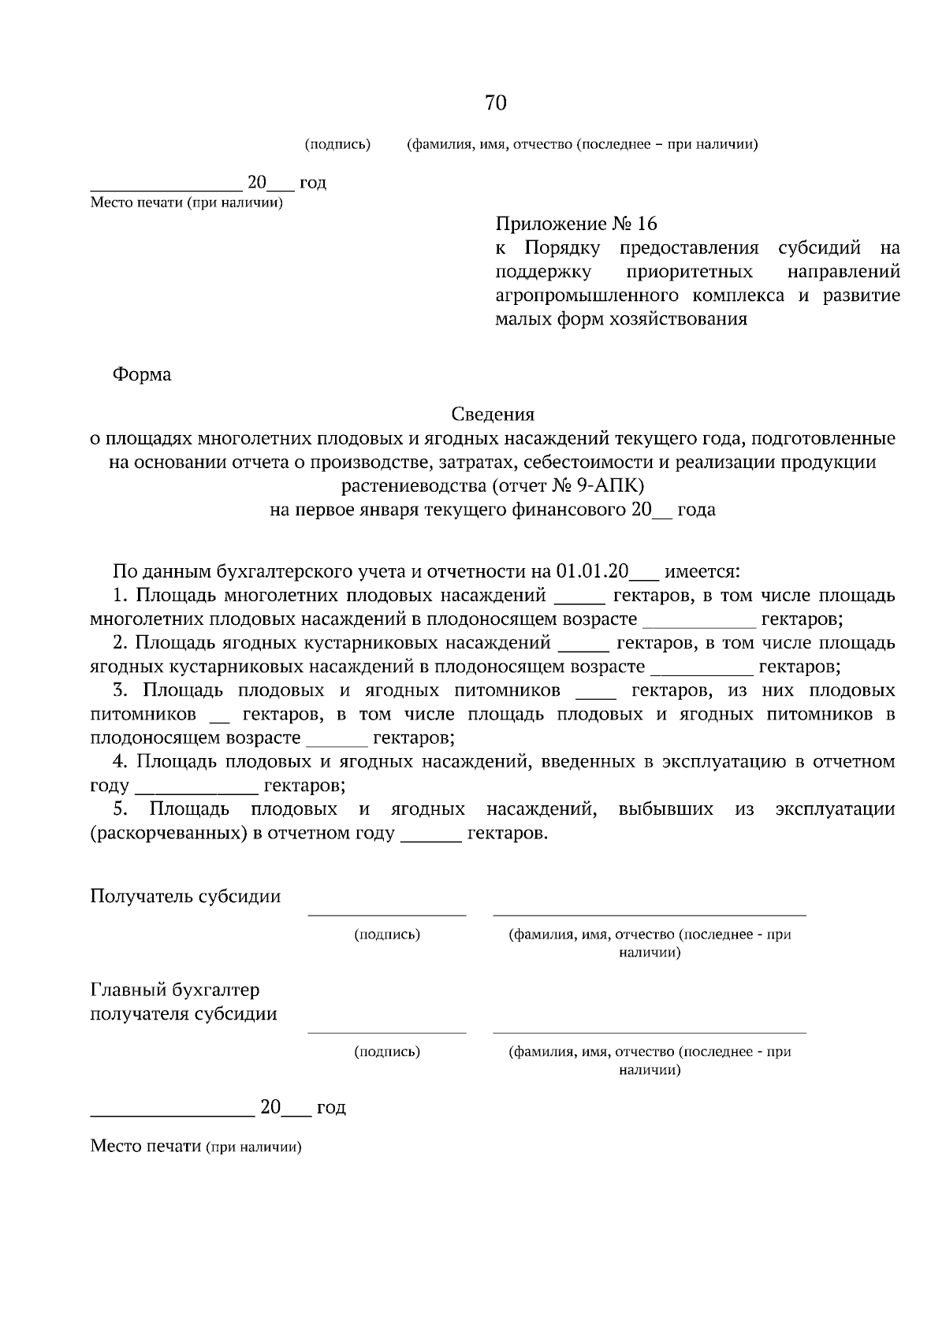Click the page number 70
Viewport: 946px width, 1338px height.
495,103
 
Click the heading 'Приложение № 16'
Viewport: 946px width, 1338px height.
575,224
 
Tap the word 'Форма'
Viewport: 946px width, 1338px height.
142,374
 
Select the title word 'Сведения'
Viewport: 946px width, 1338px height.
493,414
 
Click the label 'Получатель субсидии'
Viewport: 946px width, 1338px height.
185,896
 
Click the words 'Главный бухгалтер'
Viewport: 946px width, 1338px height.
175,989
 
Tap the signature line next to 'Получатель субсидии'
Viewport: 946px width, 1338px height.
386,914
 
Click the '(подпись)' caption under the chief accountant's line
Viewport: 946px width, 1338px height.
387,1051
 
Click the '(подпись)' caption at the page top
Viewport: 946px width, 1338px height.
337,144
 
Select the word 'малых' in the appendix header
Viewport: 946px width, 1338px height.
519,319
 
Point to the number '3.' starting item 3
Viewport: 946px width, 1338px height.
120,690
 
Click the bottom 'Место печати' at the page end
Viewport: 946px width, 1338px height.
146,1146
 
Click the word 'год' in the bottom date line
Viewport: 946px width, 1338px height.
331,1107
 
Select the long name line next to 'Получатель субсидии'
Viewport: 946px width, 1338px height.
649,914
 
